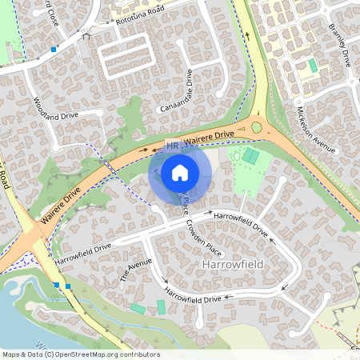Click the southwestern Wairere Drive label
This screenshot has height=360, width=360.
61,204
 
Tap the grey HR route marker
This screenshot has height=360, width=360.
172,146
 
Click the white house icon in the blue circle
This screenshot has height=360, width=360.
180,172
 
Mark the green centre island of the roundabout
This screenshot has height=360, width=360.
257,126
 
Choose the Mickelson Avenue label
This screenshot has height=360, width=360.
314,127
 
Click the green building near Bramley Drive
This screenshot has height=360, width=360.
313,65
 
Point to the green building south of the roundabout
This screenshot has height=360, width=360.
251,156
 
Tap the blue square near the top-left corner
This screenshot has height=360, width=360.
54,50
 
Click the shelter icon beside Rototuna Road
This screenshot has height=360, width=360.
86,34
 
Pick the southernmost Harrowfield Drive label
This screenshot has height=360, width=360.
192,298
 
